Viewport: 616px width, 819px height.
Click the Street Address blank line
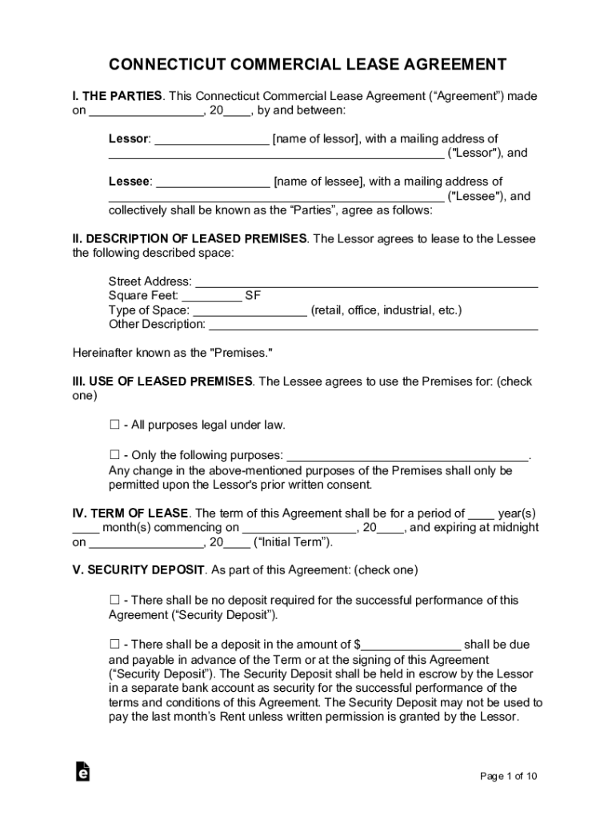pyautogui.click(x=366, y=282)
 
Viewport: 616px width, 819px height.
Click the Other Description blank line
pyautogui.click(x=373, y=326)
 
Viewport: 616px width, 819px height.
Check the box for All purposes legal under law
pyautogui.click(x=114, y=425)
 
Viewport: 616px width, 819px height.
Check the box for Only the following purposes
pyautogui.click(x=114, y=455)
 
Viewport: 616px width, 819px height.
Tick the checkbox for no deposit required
pyautogui.click(x=114, y=600)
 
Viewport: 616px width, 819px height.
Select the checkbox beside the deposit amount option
pyautogui.click(x=114, y=644)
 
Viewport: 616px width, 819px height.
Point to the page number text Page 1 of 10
pyautogui.click(x=508, y=776)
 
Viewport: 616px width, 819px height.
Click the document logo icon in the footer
pyautogui.click(x=82, y=771)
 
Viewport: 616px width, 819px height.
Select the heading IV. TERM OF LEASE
pyautogui.click(x=130, y=513)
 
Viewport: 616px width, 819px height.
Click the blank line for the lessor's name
pyautogui.click(x=212, y=140)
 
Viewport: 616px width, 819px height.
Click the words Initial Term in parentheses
pyautogui.click(x=292, y=542)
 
